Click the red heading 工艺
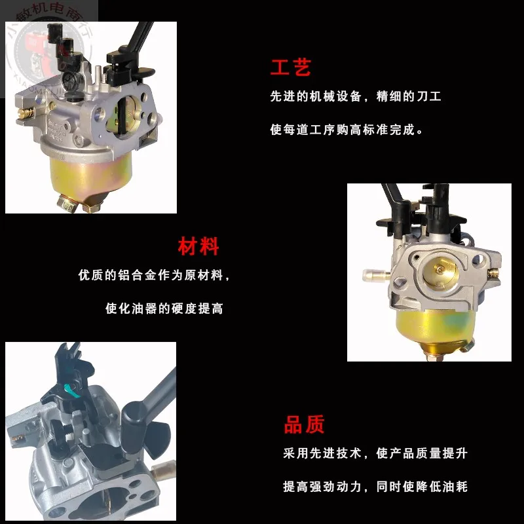point(291,67)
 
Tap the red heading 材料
point(198,247)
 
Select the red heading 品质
point(305,425)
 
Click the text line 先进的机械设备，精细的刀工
point(356,97)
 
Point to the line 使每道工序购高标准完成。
point(346,130)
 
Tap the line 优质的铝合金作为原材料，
point(155,276)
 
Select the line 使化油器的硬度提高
point(164,309)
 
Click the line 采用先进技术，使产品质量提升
point(375,453)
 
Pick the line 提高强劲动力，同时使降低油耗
point(375,487)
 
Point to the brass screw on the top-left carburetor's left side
point(26,115)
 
